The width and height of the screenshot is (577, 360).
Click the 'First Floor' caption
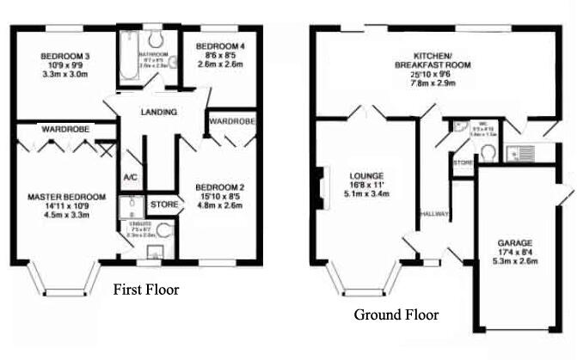click(x=146, y=290)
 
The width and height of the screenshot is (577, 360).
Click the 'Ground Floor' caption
click(x=396, y=314)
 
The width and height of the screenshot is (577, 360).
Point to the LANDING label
click(x=158, y=113)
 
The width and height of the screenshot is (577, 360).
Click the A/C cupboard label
click(x=131, y=177)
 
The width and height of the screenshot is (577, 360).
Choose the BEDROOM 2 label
click(x=219, y=187)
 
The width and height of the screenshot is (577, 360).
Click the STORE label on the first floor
click(x=164, y=205)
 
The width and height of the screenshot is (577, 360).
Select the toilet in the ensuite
click(x=164, y=230)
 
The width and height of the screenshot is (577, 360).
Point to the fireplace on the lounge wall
click(x=319, y=185)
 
